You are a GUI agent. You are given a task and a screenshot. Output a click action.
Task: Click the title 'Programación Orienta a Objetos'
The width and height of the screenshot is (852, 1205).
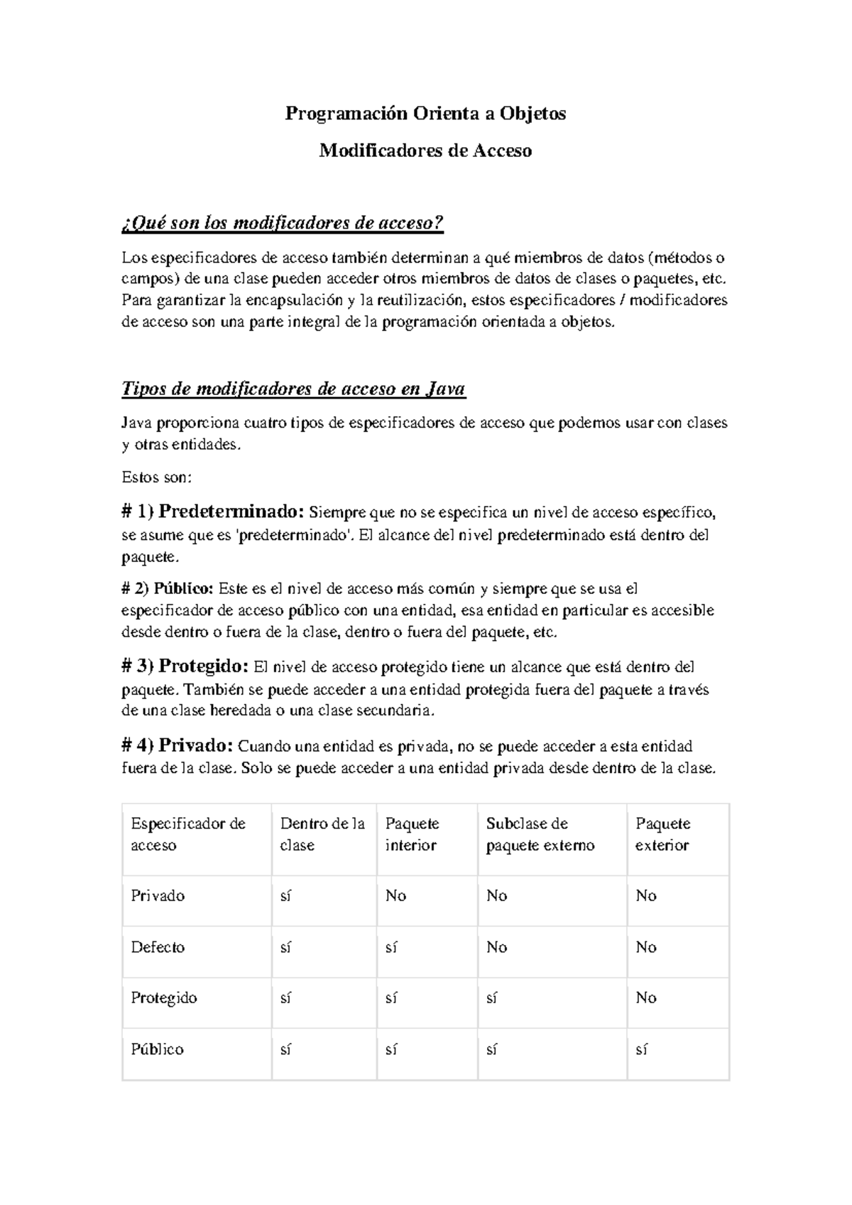tap(425, 114)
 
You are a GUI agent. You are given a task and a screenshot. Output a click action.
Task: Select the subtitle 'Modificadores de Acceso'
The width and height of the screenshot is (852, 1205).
tap(425, 151)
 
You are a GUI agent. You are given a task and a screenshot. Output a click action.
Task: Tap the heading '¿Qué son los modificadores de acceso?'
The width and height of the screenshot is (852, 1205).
tap(283, 224)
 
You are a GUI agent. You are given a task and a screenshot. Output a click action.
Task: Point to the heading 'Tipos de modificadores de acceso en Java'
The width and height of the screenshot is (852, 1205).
tap(294, 389)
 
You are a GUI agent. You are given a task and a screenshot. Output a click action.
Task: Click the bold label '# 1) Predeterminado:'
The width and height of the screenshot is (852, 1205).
tap(214, 512)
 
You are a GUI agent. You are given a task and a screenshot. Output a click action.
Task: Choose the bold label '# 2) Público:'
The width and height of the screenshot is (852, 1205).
tap(168, 588)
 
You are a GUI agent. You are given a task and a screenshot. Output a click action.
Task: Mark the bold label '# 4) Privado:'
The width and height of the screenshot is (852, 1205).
tap(177, 746)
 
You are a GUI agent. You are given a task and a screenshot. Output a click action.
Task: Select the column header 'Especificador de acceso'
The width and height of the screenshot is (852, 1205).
tap(188, 834)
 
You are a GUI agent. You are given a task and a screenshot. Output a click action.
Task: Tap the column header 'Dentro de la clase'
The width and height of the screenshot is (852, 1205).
tap(322, 834)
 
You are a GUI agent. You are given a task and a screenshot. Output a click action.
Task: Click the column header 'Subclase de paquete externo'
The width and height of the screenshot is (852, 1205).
tap(540, 834)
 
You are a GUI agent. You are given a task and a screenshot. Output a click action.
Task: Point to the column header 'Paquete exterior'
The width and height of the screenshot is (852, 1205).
tap(663, 834)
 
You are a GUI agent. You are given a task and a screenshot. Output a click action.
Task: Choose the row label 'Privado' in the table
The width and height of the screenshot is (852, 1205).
tap(158, 896)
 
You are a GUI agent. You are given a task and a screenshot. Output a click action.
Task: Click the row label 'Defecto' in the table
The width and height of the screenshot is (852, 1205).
tap(158, 947)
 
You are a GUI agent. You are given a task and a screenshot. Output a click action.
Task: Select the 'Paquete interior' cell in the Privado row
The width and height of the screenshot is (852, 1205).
tap(395, 896)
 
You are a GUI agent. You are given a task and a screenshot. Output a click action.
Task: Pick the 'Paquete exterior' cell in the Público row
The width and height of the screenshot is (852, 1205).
tap(642, 1049)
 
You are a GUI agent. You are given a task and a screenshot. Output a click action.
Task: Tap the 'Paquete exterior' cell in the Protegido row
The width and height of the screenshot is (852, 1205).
tap(646, 998)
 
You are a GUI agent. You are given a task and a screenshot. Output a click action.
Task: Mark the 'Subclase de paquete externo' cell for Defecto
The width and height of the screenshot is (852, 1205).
tap(497, 947)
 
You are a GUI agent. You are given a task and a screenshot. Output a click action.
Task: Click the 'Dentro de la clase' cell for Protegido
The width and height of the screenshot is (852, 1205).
tap(286, 998)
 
